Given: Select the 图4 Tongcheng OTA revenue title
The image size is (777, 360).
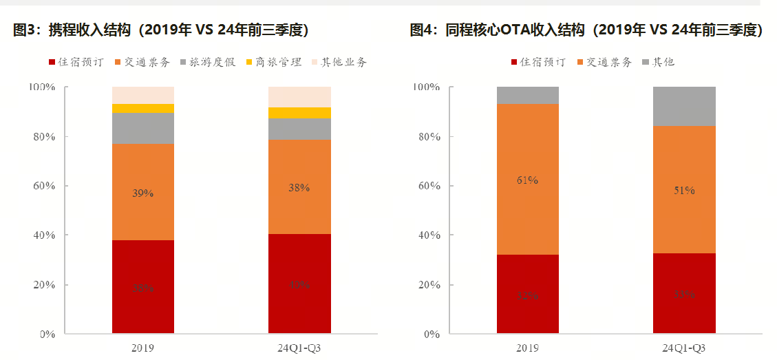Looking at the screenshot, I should coord(586,30).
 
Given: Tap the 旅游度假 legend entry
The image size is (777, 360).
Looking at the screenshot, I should coord(209,62).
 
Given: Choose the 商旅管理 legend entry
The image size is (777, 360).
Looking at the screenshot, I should coord(273,62).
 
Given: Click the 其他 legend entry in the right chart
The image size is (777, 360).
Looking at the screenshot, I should coord(657,62).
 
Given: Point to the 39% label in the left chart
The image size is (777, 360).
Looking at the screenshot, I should coord(143,193).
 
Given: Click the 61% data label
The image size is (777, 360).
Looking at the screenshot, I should coord(527,180).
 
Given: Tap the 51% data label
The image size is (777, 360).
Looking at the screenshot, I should coord(683,191).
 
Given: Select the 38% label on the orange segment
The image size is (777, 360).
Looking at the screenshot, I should coord(299,187).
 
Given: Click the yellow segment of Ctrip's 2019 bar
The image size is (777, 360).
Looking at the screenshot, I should coord(143,108).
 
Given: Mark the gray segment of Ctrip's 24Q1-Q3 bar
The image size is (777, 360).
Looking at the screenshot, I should coord(299,129).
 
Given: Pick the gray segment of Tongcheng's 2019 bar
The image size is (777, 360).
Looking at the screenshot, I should coord(527,95).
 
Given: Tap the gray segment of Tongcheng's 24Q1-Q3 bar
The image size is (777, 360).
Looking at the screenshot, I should coord(683,106).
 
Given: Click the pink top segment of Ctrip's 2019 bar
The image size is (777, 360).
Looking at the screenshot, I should coord(143,95).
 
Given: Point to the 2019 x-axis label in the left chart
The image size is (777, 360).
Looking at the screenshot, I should coord(142,348).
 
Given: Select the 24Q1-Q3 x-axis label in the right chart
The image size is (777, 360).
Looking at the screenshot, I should coord(683,348).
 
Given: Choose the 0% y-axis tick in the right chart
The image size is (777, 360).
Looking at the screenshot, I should coord(432,335).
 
